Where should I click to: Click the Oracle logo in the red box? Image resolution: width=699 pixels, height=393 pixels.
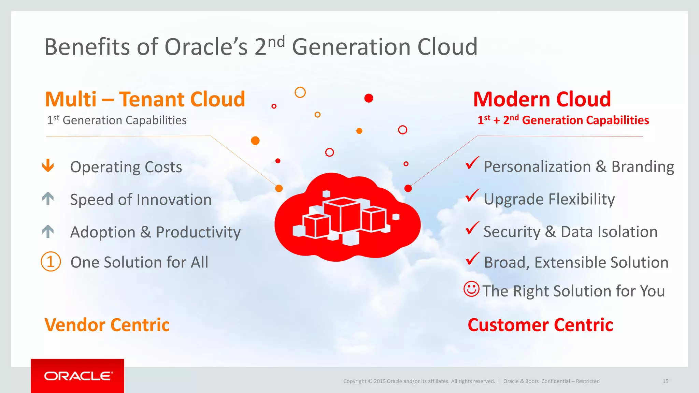click(78, 376)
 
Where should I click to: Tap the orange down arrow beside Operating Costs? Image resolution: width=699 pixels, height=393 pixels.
click(48, 165)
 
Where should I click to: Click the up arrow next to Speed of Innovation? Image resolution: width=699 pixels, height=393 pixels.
click(48, 198)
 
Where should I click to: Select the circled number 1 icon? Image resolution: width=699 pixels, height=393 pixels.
click(51, 262)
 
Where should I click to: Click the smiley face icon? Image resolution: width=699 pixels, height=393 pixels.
click(471, 289)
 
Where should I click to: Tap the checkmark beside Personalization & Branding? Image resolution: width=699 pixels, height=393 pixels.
click(472, 163)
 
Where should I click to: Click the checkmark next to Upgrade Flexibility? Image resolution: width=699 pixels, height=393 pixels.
click(472, 195)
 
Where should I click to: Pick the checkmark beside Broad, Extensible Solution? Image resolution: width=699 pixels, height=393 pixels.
click(472, 259)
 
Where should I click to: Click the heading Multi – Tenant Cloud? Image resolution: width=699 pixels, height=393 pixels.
click(145, 99)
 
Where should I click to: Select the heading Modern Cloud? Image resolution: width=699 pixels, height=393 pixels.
click(542, 99)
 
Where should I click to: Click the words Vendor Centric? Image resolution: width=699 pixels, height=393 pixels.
click(107, 325)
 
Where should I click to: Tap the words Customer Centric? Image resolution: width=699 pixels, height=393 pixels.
click(540, 325)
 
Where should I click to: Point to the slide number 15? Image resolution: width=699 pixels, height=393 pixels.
click(665, 381)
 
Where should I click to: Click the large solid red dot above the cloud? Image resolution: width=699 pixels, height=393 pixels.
click(369, 98)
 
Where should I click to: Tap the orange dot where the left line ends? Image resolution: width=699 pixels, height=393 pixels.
click(279, 188)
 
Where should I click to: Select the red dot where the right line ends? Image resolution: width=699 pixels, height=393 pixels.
click(408, 188)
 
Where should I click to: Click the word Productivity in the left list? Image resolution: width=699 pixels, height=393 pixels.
click(198, 232)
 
